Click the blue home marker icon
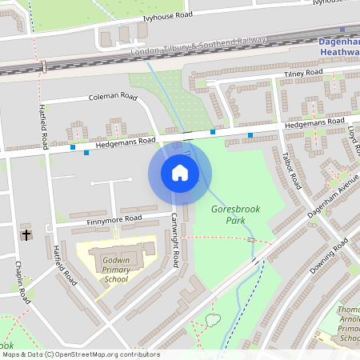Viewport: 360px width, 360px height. [179, 172]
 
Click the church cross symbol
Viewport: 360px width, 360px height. [26, 235]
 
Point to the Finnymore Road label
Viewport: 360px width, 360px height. [116, 219]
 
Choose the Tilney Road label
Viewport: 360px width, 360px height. [303, 74]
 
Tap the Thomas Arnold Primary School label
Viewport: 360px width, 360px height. [346, 323]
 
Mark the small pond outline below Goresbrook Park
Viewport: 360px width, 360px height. [212, 320]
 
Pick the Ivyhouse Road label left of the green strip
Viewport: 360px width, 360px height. [168, 15]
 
